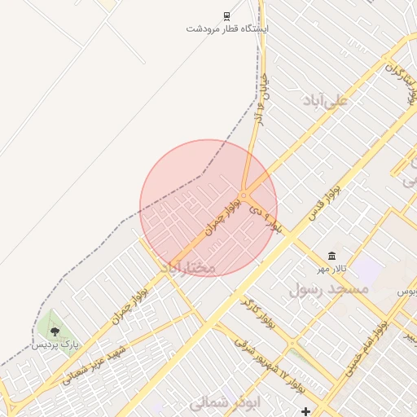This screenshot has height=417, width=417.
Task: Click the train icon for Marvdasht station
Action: click(x=226, y=16)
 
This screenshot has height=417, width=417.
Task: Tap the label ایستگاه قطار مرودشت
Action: click(x=227, y=29)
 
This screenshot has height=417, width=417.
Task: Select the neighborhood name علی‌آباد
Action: click(x=324, y=100)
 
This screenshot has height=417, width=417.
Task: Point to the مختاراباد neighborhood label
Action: click(x=187, y=267)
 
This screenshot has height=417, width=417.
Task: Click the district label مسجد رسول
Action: click(x=328, y=289)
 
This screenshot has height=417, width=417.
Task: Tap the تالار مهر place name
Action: click(x=332, y=269)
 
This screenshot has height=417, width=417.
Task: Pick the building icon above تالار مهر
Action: click(x=331, y=257)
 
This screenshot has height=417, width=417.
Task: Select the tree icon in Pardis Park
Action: click(x=55, y=331)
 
